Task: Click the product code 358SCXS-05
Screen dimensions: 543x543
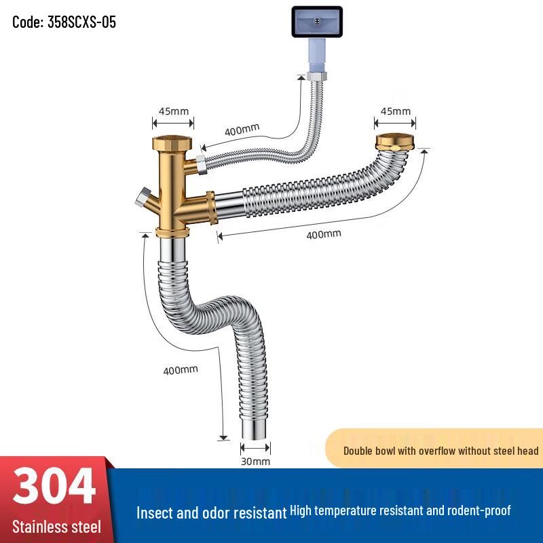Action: [x=81, y=22]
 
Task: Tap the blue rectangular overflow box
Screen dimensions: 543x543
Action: [x=317, y=22]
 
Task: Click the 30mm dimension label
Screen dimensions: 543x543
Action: [x=256, y=462]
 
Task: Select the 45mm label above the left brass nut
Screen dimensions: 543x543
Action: [x=174, y=111]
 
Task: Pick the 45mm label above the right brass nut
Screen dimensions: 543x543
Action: [x=395, y=111]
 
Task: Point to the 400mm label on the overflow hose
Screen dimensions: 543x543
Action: [x=242, y=130]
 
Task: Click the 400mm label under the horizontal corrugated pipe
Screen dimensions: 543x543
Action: [x=324, y=234]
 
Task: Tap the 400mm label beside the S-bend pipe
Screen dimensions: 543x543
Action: [x=181, y=370]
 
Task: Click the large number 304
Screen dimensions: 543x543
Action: [x=54, y=485]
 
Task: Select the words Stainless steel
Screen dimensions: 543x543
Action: [x=57, y=527]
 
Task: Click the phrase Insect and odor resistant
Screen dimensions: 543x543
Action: [x=212, y=513]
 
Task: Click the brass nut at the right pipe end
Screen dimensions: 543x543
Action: [x=395, y=142]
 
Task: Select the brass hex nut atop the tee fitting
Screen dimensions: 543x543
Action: [x=172, y=143]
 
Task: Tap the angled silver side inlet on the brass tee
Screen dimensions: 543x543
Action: [x=143, y=198]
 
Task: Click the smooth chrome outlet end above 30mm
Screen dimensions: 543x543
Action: [x=255, y=430]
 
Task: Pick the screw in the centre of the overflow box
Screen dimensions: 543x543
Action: [x=317, y=22]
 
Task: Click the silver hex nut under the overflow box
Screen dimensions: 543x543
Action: [x=317, y=77]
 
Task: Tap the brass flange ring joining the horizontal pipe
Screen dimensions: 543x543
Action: [x=211, y=208]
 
